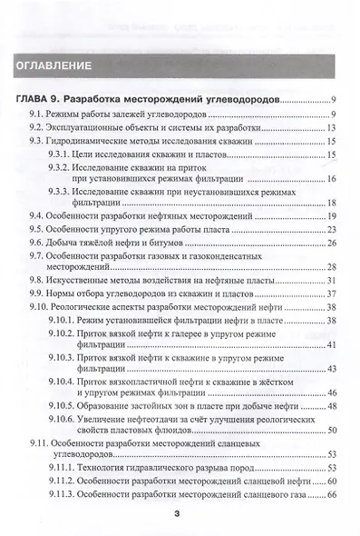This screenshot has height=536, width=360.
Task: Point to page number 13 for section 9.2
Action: tap(333, 128)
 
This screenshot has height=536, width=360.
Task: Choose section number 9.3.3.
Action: tap(61, 192)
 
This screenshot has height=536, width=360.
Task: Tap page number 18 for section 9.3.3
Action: tap(333, 203)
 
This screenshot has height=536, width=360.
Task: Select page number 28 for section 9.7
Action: tap(333, 266)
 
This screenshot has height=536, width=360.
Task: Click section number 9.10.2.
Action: tap(63, 332)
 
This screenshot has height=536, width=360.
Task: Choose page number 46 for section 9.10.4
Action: tap(333, 392)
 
